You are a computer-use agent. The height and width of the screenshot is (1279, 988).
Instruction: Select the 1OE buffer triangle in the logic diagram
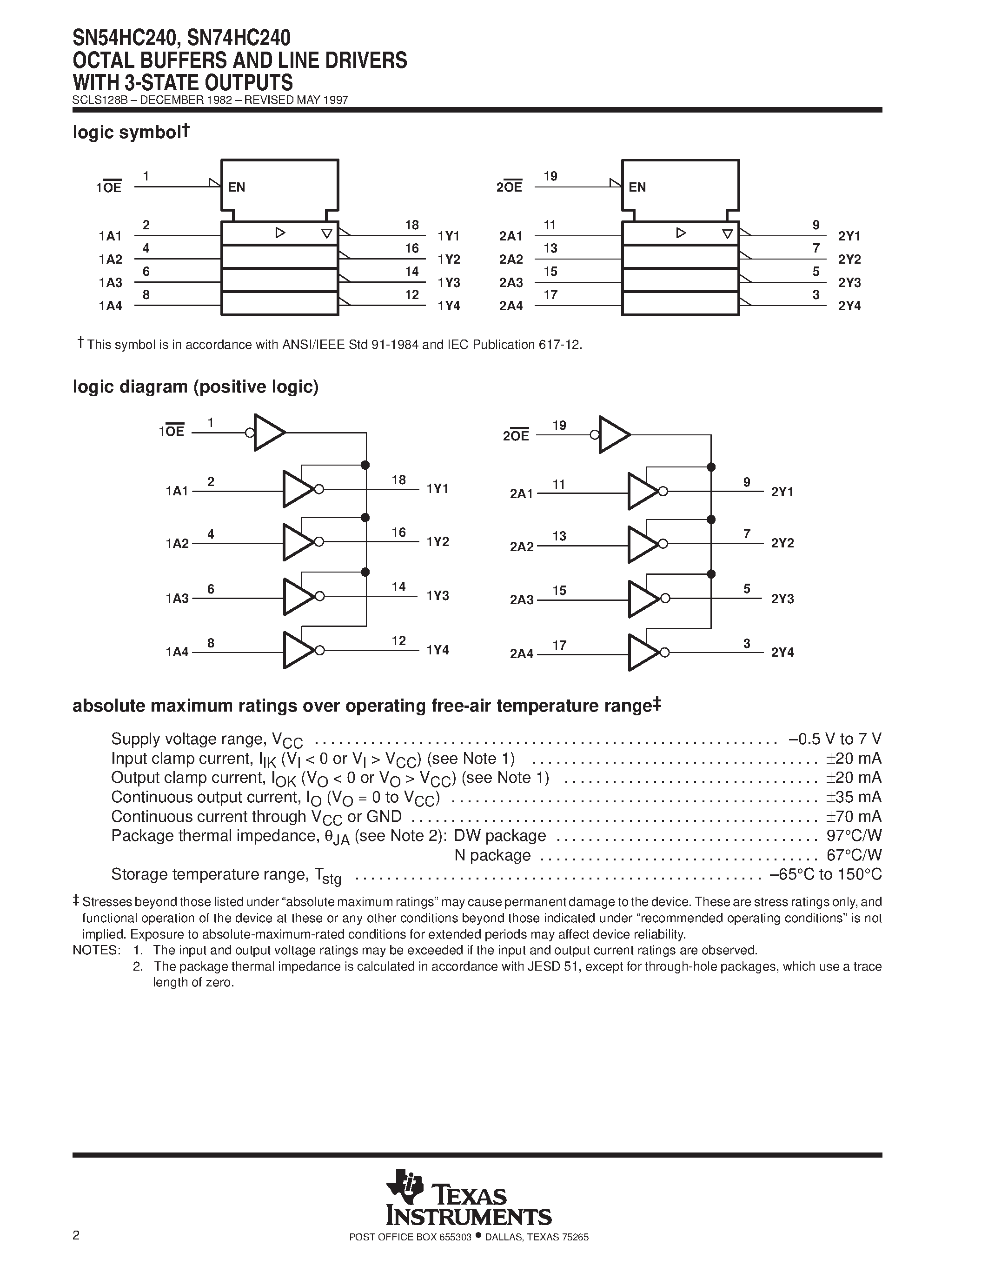(267, 433)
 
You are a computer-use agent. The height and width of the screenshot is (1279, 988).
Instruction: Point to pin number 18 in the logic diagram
(398, 480)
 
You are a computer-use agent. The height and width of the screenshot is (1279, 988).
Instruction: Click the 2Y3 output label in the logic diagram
(782, 599)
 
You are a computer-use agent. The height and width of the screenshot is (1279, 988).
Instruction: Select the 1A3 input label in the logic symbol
(111, 283)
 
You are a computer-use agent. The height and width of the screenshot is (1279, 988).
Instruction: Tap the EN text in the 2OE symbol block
(637, 187)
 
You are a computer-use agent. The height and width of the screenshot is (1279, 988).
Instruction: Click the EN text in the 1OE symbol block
(237, 187)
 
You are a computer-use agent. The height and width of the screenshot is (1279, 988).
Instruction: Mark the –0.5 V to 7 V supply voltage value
(835, 739)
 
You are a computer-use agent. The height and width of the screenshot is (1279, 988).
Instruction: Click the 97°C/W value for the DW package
(854, 836)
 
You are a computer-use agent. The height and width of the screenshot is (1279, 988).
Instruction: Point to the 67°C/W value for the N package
(854, 855)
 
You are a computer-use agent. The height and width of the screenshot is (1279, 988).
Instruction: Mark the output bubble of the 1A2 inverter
(319, 542)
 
